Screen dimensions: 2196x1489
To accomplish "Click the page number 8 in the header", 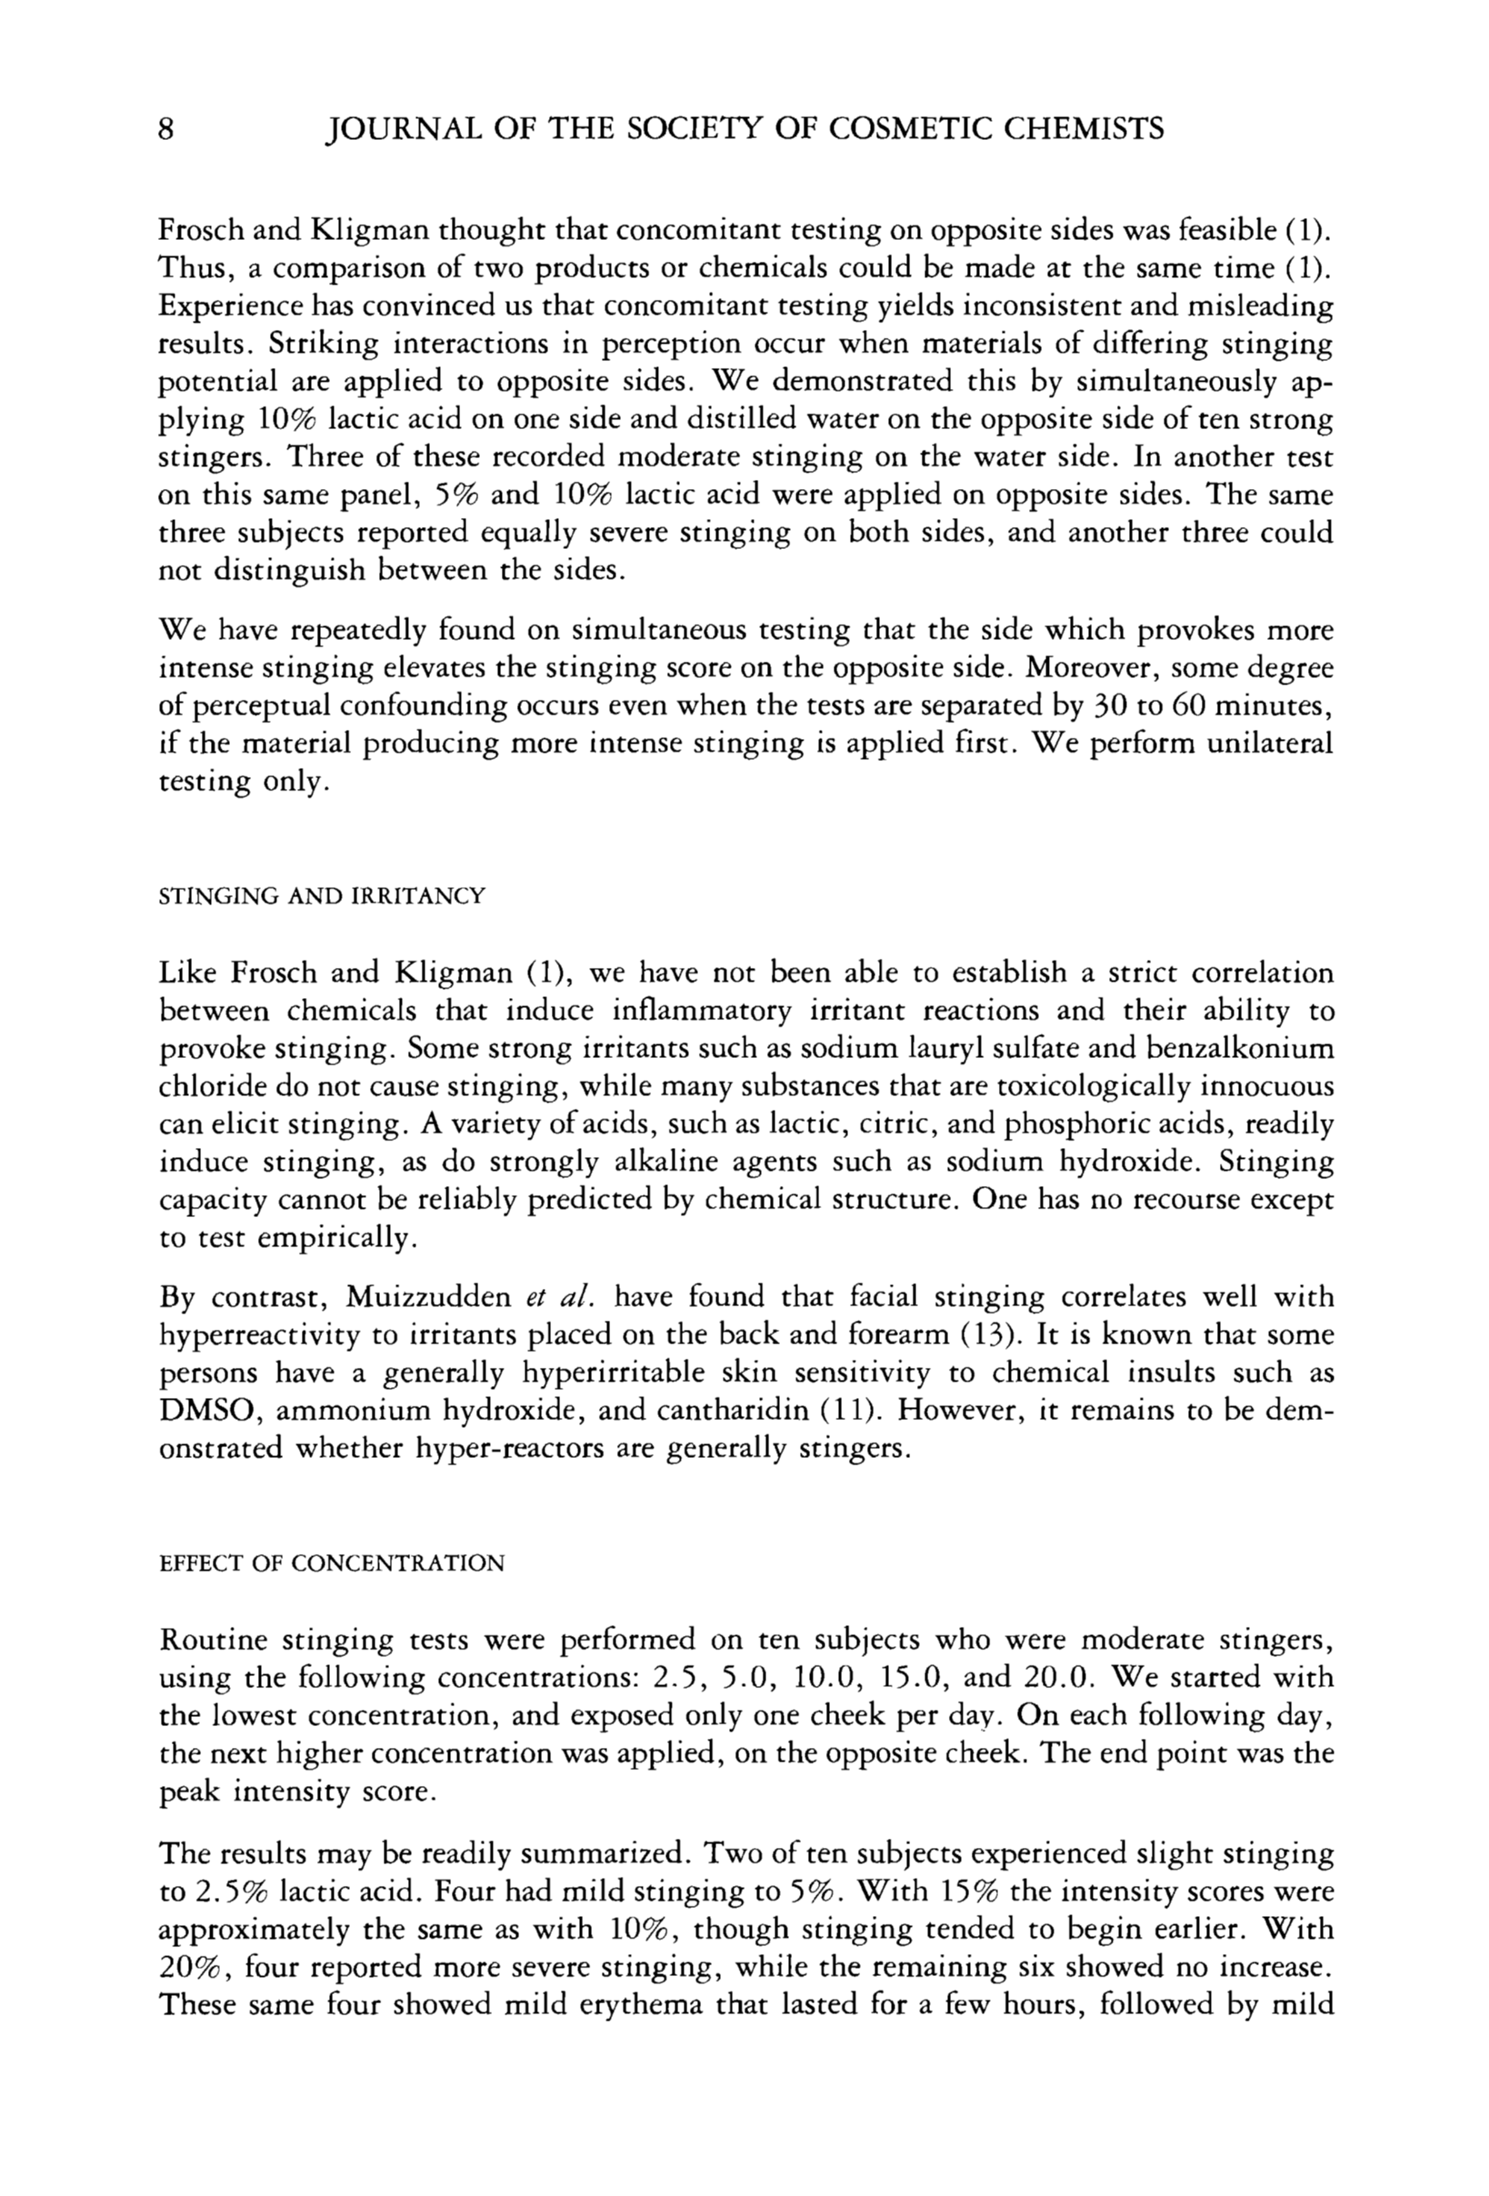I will pos(165,129).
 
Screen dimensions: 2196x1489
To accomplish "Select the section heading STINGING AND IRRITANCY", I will pos(322,896).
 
